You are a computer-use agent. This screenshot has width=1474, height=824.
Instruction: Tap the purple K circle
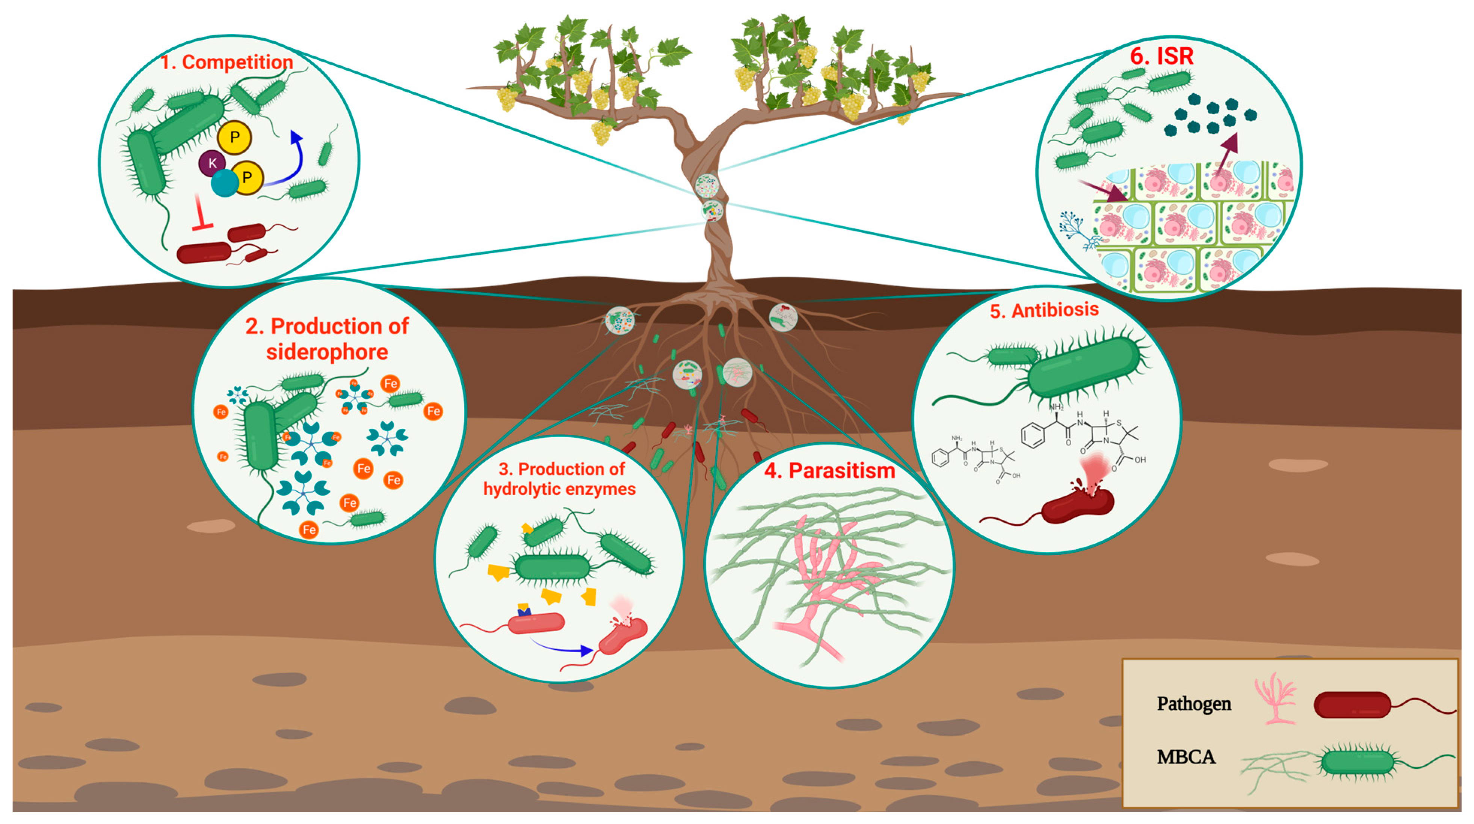[x=212, y=163]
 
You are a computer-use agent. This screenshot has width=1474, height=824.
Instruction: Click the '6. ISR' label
[x=1161, y=56]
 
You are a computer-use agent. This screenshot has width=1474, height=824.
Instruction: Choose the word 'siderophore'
[x=327, y=352]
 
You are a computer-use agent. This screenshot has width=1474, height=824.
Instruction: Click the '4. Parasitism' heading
[x=830, y=470]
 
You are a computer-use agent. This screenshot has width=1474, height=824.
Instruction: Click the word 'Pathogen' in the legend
[x=1194, y=703]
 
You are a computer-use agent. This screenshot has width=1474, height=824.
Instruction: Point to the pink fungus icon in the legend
[x=1275, y=698]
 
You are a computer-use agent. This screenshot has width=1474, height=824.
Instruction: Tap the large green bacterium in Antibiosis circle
[x=1084, y=366]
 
